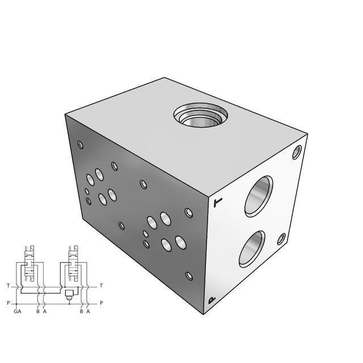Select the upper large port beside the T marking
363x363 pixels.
[259, 196]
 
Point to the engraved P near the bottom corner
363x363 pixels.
[212, 301]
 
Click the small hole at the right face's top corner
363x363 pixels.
[297, 151]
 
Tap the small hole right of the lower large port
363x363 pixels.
[281, 239]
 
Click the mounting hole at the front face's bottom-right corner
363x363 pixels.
[189, 276]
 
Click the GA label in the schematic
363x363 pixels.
[18, 311]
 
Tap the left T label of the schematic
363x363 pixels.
[8, 286]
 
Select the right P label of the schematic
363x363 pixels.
[101, 303]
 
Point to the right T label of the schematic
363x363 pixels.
[101, 286]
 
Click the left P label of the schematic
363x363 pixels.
[8, 303]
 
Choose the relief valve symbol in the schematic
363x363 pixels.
[69, 294]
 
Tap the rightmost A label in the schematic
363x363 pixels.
[88, 311]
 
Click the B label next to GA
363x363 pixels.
[37, 311]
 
